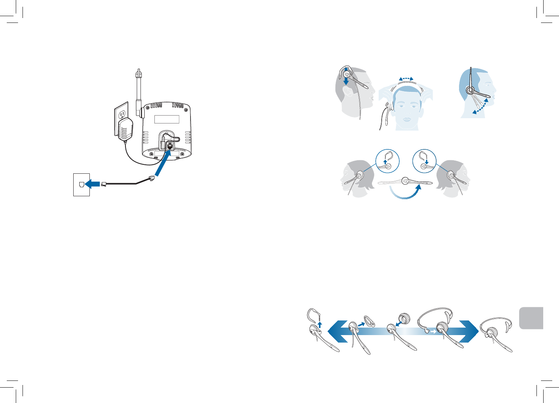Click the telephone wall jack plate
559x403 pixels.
point(81,184)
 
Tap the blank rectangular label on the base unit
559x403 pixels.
point(166,119)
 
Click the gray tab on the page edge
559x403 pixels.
point(532,318)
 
